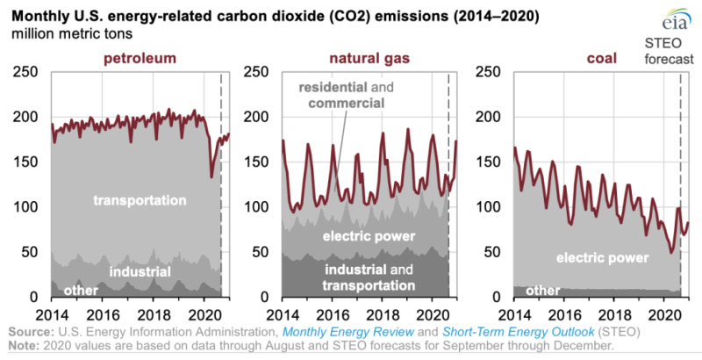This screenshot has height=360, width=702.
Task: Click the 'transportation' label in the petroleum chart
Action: click(x=140, y=201)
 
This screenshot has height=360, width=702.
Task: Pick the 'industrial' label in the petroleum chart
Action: click(x=140, y=272)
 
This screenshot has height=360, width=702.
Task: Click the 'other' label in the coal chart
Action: click(x=541, y=291)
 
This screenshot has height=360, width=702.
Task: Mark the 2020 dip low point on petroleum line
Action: click(x=211, y=177)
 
